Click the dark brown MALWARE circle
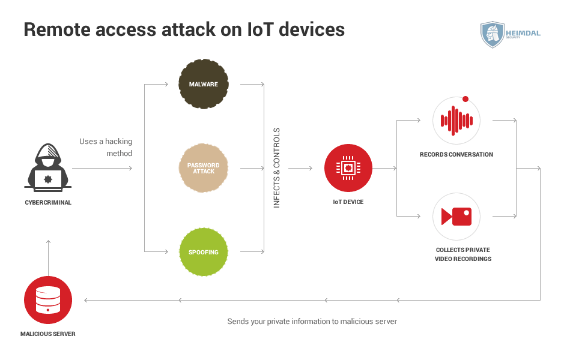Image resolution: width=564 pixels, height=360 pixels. tap(204, 84)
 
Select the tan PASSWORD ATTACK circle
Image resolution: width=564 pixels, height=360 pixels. tap(204, 168)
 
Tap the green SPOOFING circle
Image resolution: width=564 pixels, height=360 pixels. tap(204, 252)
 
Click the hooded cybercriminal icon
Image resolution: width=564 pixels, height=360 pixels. tap(48, 168)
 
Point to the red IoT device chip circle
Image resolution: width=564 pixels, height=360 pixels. tap(348, 168)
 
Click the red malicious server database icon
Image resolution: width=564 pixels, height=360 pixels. tap(48, 300)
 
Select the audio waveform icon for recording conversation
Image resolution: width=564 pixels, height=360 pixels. tap(456, 121)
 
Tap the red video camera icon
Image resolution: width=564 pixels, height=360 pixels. tap(456, 216)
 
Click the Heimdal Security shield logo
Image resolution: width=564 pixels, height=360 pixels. tap(493, 34)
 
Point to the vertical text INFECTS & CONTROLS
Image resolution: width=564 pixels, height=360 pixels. tap(277, 168)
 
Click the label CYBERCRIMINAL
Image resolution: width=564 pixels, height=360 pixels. tap(48, 203)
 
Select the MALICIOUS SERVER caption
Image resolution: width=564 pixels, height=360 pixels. tap(48, 334)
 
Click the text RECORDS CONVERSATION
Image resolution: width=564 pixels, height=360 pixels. tap(456, 154)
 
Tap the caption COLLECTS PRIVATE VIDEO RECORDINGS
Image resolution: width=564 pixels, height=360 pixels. tap(463, 254)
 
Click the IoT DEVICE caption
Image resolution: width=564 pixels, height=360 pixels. tap(348, 202)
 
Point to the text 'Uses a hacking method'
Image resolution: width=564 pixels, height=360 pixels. tap(106, 148)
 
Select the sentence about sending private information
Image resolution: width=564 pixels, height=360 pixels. tap(312, 321)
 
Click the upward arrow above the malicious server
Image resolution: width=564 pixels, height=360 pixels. tap(48, 258)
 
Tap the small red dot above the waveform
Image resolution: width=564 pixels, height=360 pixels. tap(465, 99)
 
